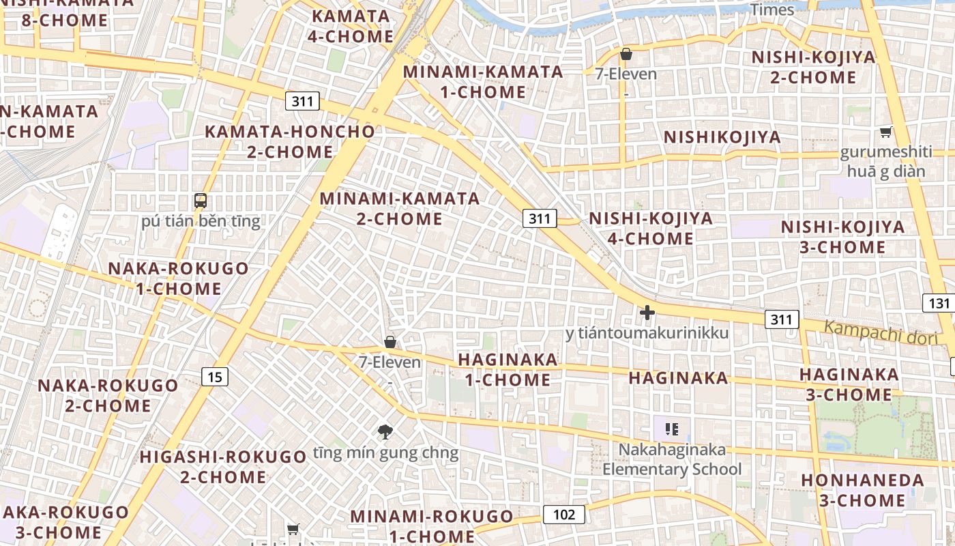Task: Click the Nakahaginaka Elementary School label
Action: click(672, 459)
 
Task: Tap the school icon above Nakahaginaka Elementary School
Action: click(672, 429)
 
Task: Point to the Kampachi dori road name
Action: click(881, 332)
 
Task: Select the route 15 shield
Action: click(215, 376)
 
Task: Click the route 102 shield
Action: click(564, 515)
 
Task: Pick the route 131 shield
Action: click(939, 303)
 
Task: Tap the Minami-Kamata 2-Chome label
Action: click(400, 209)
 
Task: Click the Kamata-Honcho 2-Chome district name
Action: click(291, 141)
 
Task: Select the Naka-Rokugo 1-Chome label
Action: click(179, 278)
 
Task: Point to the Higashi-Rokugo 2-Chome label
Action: click(224, 466)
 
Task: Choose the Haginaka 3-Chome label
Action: click(849, 384)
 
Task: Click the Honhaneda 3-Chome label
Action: click(863, 490)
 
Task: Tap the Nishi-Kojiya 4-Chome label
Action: click(651, 228)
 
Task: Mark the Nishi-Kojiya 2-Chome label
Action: click(813, 67)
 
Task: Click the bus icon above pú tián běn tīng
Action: click(201, 201)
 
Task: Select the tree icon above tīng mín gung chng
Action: click(385, 431)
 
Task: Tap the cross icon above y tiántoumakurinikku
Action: click(647, 313)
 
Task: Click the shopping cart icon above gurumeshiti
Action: click(885, 132)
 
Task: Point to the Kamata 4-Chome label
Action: click(351, 26)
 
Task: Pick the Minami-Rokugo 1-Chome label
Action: click(432, 526)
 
